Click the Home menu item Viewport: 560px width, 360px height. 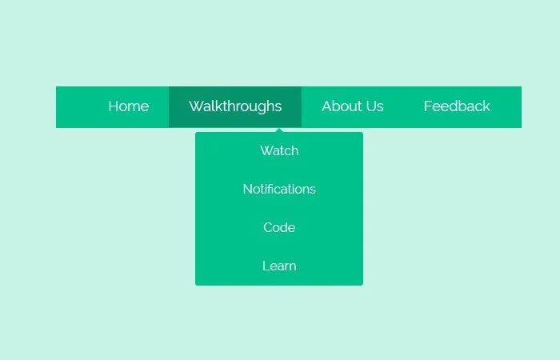click(129, 106)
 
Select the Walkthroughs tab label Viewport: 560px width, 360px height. click(235, 106)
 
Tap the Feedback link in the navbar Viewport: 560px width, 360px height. click(457, 106)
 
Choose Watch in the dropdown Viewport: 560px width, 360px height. click(279, 150)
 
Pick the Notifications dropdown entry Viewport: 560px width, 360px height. click(279, 189)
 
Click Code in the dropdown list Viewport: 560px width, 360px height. click(279, 227)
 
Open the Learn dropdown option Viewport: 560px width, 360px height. click(279, 266)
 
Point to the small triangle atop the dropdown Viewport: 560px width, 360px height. click(279, 130)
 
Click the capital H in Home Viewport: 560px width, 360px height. click(114, 106)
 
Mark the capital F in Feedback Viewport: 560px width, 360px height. click(428, 106)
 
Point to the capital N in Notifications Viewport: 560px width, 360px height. click(248, 189)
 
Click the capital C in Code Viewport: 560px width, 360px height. click(268, 227)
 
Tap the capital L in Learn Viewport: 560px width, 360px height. click(266, 266)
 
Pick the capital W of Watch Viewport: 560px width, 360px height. click(267, 150)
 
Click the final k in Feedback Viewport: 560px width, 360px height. click(486, 106)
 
